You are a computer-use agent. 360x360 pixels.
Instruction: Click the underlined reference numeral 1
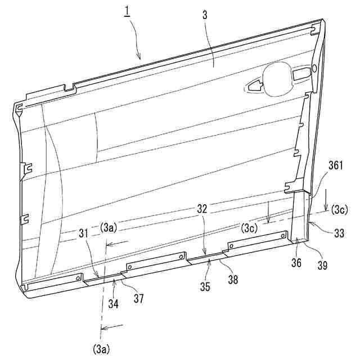click(x=127, y=11)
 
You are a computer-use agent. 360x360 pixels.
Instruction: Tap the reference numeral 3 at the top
click(x=205, y=15)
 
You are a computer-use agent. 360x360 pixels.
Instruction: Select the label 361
click(x=335, y=165)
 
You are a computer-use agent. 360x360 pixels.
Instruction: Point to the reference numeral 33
click(x=339, y=233)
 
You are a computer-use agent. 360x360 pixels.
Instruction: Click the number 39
click(x=322, y=265)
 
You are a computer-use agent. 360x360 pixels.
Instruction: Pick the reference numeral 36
click(x=296, y=263)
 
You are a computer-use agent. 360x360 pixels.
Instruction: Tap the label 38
click(x=233, y=280)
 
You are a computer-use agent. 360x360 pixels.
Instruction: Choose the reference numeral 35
click(x=205, y=286)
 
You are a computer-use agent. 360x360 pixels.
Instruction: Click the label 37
click(x=139, y=299)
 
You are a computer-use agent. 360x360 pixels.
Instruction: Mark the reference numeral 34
click(x=114, y=304)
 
